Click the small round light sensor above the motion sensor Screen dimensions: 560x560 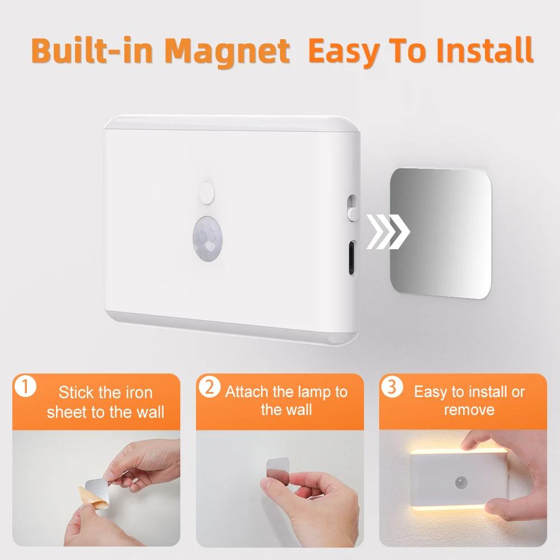(207, 192)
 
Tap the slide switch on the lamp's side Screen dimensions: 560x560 (351, 207)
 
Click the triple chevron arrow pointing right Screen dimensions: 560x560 (388, 231)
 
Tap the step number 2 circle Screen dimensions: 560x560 (209, 388)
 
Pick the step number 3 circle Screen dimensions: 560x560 (392, 388)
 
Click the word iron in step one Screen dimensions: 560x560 (137, 393)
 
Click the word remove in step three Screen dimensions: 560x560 (469, 410)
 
